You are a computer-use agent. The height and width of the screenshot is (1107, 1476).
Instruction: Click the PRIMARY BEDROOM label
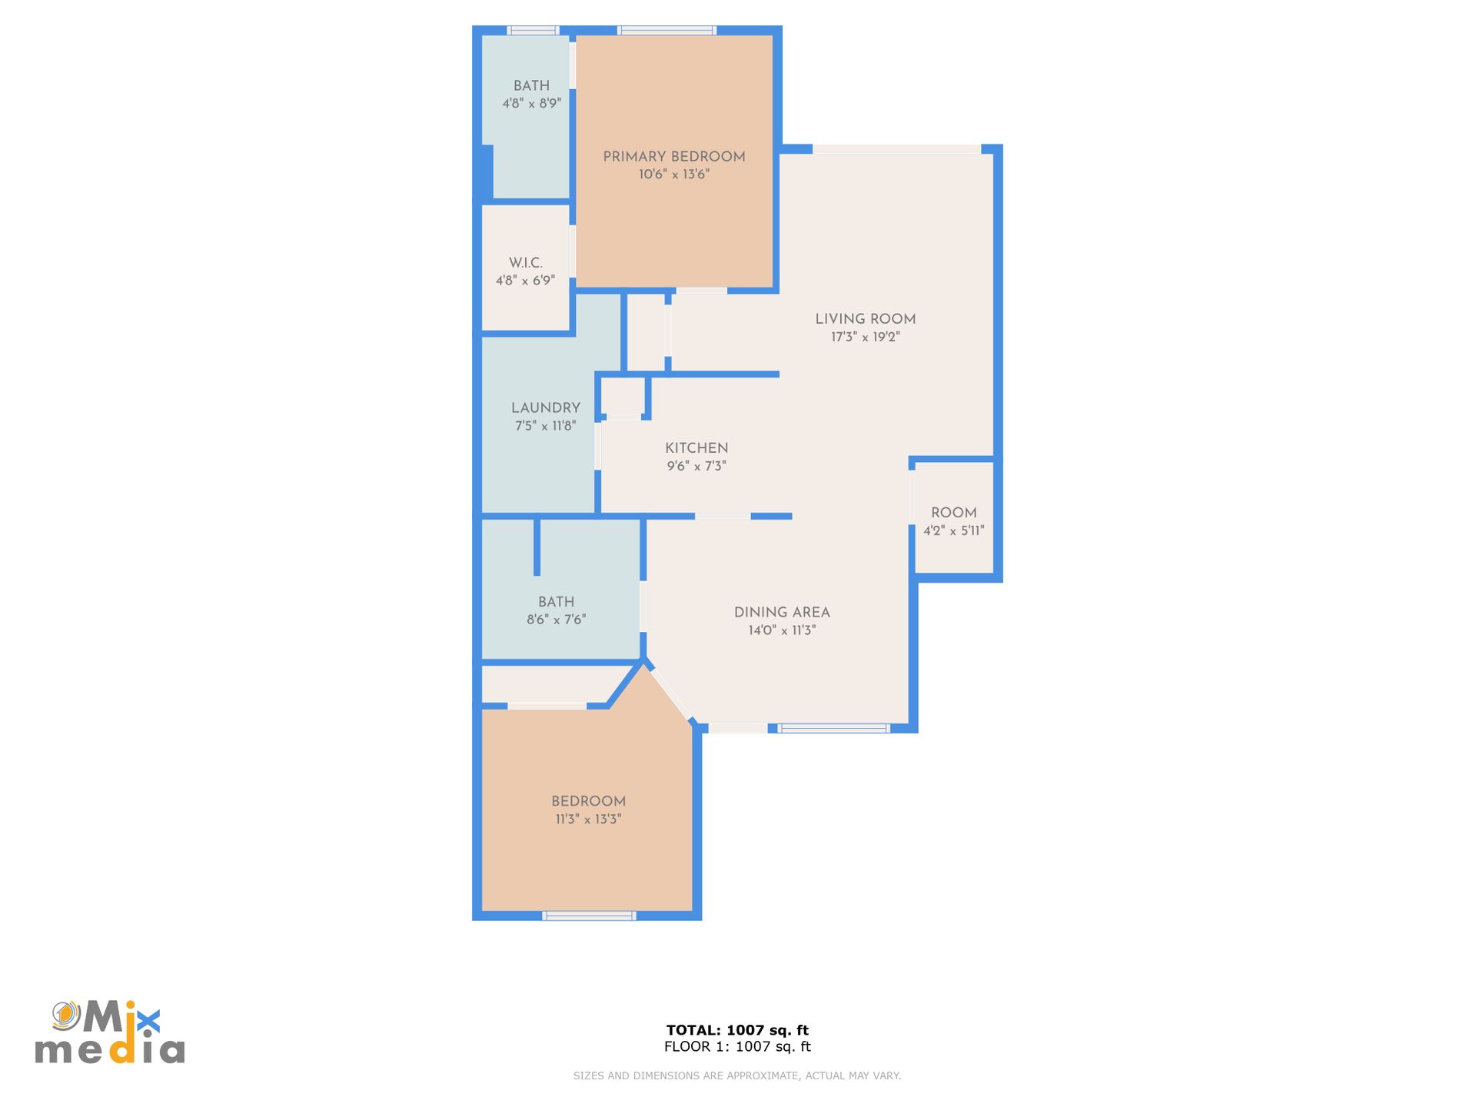coord(674,157)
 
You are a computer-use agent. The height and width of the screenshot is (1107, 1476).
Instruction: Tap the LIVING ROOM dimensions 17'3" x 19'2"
coord(866,337)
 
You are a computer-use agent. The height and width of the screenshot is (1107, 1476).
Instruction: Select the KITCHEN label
coord(696,448)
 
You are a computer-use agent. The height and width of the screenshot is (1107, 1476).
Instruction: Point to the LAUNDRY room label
coord(546,408)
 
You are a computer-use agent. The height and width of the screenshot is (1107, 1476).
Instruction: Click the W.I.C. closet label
coord(526,263)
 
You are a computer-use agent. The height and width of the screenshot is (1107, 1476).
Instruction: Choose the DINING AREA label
coord(782,613)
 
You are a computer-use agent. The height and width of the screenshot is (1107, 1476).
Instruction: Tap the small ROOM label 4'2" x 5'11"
coord(954,513)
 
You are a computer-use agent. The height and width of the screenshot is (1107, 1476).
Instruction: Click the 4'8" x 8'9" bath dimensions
coord(532,103)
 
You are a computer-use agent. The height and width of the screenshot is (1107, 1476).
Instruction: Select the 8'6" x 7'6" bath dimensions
coord(556,620)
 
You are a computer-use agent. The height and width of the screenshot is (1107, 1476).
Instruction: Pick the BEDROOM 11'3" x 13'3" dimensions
coord(588,819)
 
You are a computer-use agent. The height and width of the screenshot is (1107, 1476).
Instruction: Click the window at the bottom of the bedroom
coord(590,916)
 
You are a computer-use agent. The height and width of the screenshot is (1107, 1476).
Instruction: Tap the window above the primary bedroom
coord(667,31)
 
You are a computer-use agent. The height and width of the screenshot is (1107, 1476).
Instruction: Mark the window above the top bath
coord(533,31)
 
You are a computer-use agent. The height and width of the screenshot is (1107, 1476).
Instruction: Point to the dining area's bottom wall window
coord(833,728)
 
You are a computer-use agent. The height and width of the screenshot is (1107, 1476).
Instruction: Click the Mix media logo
coord(110,1032)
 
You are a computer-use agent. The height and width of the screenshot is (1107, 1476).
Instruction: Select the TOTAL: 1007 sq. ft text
coord(737,1030)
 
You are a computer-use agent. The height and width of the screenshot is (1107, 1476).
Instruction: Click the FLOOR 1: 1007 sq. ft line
coord(737,1046)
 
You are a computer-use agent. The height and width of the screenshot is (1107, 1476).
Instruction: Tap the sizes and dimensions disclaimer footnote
coord(737,1075)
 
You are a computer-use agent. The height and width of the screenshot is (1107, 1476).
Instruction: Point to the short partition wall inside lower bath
coord(537,547)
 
